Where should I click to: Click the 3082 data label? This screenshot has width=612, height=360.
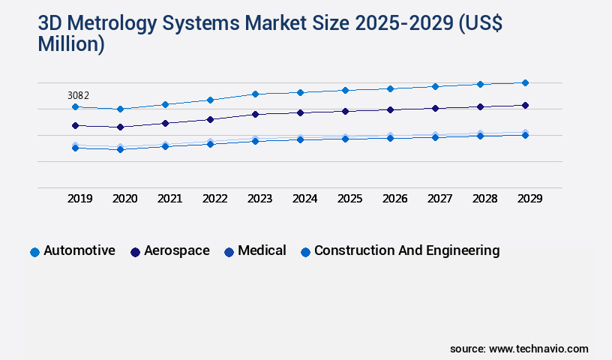78,95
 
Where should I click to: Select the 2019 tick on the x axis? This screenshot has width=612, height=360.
80,199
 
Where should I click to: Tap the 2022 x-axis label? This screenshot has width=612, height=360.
215,199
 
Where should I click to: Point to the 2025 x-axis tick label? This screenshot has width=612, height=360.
350,199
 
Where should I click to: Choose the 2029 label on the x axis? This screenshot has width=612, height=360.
530,199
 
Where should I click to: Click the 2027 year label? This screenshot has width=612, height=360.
440,199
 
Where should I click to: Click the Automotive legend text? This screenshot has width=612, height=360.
79,251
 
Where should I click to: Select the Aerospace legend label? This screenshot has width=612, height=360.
177,251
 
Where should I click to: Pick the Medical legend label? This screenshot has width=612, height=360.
262,251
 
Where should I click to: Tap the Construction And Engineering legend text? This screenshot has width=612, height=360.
406,251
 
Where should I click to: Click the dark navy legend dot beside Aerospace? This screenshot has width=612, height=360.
136,253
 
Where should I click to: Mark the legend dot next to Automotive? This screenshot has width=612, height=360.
34,253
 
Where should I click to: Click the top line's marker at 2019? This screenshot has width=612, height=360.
75,107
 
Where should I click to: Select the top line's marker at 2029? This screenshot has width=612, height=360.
525,82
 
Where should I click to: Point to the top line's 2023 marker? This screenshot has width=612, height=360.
255,94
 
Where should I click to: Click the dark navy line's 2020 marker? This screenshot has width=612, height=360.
120,127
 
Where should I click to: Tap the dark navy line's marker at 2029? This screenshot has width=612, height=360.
525,105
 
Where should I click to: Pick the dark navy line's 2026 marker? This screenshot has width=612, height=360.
390,109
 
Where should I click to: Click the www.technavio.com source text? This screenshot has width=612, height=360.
538,349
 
